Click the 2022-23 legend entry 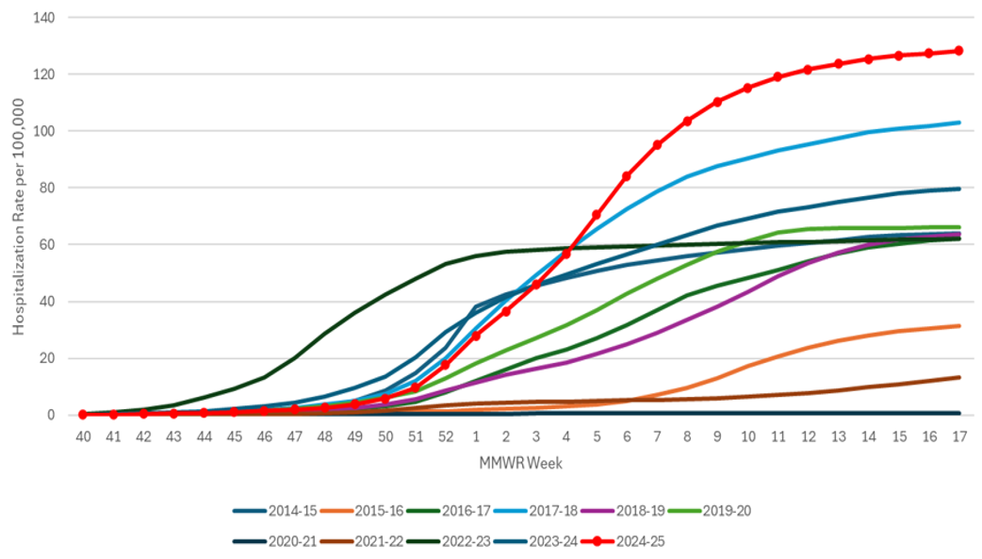pos(447,542)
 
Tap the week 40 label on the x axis pos(83,437)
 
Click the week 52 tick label pos(446,437)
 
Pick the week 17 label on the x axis pos(959,437)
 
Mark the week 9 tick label pos(718,437)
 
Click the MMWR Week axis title pos(521,463)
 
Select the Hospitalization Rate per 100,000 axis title pos(20,216)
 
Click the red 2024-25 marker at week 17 pos(959,51)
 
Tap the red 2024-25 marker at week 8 pos(687,121)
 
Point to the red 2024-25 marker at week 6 pos(627,176)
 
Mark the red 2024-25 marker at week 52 pos(446,364)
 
